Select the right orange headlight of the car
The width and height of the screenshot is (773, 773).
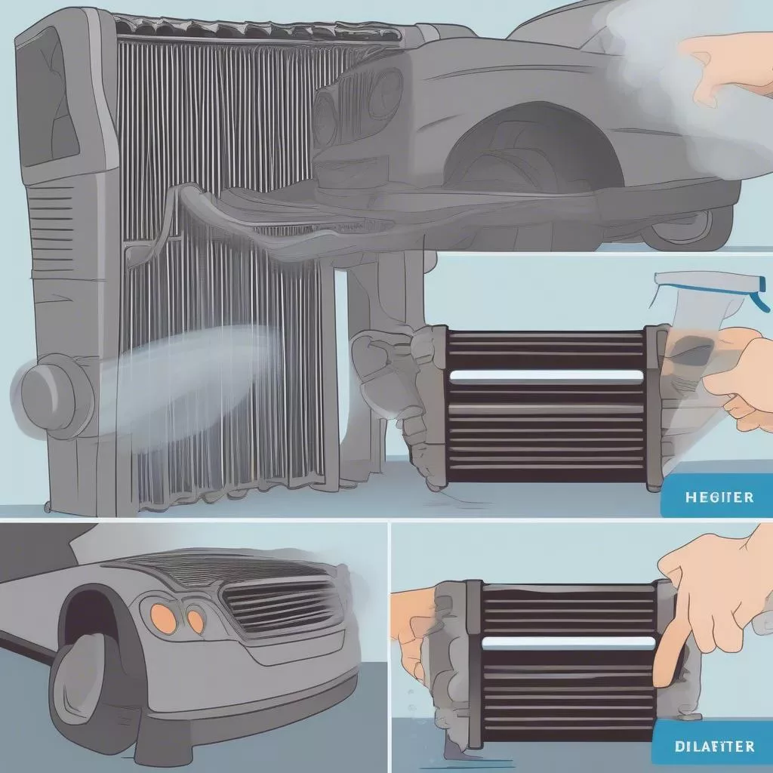196,620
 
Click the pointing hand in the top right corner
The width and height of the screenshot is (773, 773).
725,68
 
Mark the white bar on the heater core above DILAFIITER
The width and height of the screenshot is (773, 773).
568,643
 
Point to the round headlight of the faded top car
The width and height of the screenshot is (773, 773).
385,94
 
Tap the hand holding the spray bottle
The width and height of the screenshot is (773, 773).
740,370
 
